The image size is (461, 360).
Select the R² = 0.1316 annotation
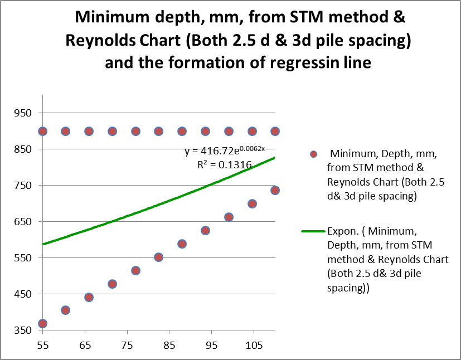tap(225, 164)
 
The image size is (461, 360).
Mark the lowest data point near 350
tap(42, 323)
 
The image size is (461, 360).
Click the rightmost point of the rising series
tap(275, 191)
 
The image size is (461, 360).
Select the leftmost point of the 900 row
tap(42, 131)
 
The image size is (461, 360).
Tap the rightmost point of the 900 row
tap(275, 131)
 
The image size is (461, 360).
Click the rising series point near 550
tap(158, 257)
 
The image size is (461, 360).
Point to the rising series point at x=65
tap(89, 297)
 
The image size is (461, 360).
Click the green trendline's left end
tap(43, 244)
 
